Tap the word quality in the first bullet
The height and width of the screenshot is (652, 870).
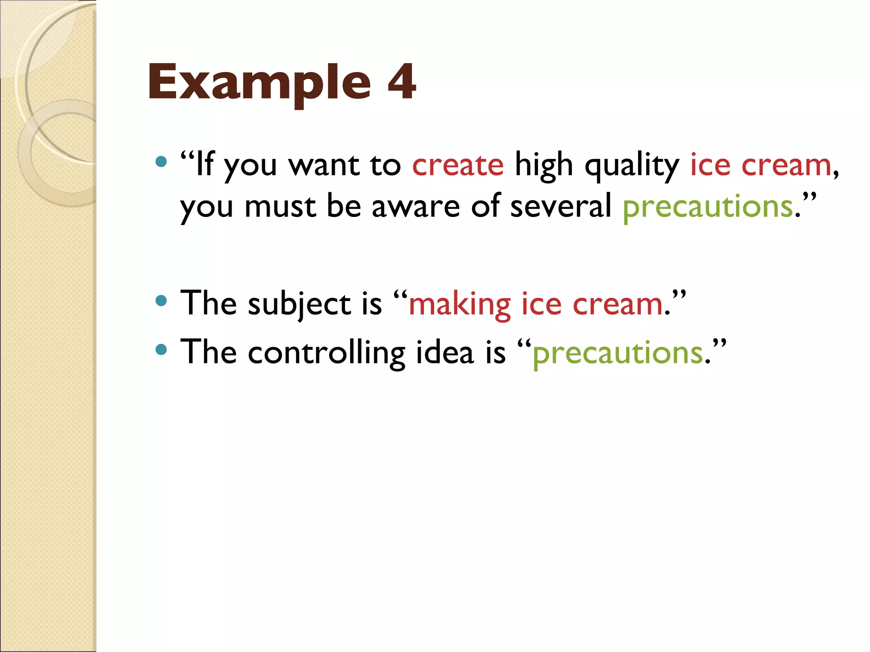pos(632,166)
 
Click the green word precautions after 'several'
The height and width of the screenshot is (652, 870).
pos(708,207)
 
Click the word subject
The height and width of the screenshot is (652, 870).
pos(299,305)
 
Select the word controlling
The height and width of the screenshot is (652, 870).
pos(326,353)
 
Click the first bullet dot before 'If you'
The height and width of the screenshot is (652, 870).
pos(161,161)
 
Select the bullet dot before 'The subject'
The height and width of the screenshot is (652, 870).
pos(161,301)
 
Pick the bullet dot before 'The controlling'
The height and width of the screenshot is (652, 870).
pos(161,349)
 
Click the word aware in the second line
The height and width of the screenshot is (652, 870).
pos(415,207)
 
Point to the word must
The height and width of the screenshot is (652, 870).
pos(280,207)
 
